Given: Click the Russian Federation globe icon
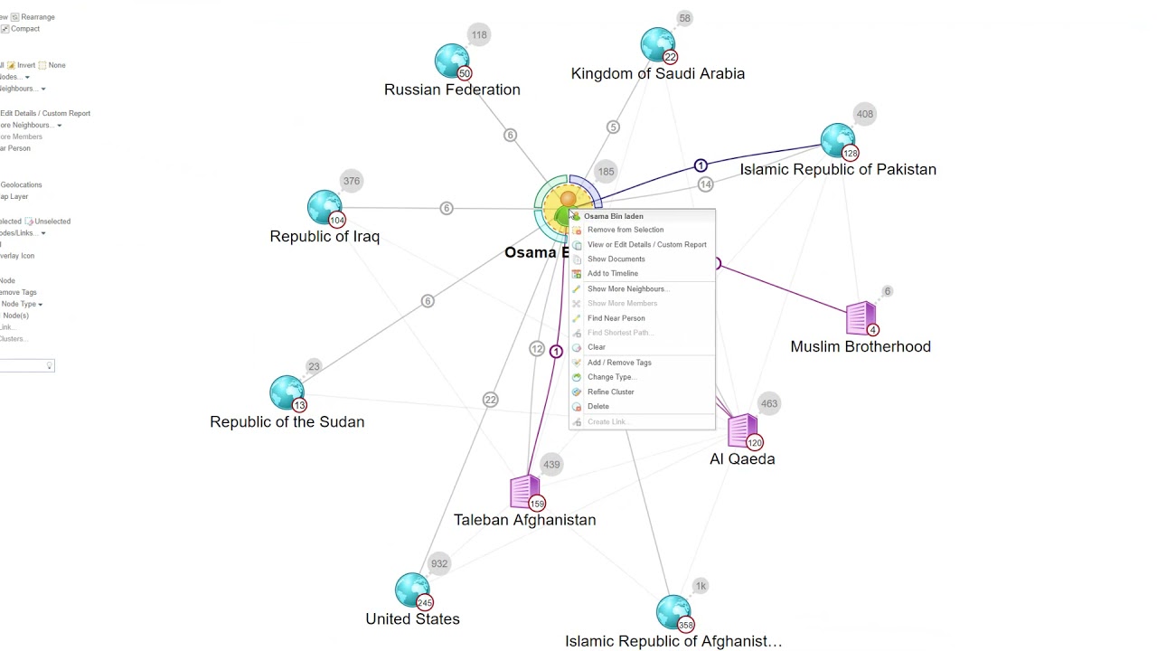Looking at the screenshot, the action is pyautogui.click(x=451, y=61).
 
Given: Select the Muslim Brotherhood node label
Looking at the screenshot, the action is pyautogui.click(x=860, y=346).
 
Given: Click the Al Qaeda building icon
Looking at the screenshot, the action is pyautogui.click(x=742, y=430).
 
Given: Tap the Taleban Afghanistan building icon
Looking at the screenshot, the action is pyautogui.click(x=524, y=491).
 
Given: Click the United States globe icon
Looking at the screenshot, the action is pyautogui.click(x=411, y=590).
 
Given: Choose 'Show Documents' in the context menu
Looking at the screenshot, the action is pyautogui.click(x=616, y=259).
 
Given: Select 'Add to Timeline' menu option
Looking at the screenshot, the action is pyautogui.click(x=612, y=274).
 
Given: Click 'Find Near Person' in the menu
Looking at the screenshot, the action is pyautogui.click(x=616, y=318).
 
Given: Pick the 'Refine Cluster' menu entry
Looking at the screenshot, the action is pyautogui.click(x=610, y=392).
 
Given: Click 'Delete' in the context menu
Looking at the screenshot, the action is pyautogui.click(x=597, y=407).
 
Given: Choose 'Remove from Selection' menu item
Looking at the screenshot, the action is pyautogui.click(x=625, y=230).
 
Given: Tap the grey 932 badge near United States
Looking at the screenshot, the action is pyautogui.click(x=439, y=563).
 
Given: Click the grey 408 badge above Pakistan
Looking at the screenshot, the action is pyautogui.click(x=865, y=114).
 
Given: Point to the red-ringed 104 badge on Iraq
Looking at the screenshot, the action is pyautogui.click(x=337, y=221).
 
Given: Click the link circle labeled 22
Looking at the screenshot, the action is pyautogui.click(x=490, y=400).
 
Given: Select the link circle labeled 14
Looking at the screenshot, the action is pyautogui.click(x=705, y=184).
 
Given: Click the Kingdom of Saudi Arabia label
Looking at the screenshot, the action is pyautogui.click(x=657, y=74).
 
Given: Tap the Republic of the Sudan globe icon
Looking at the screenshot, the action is pyautogui.click(x=286, y=392).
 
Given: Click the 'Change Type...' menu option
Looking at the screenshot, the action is pyautogui.click(x=611, y=377).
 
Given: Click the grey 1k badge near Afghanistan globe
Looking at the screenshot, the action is pyautogui.click(x=701, y=586).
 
